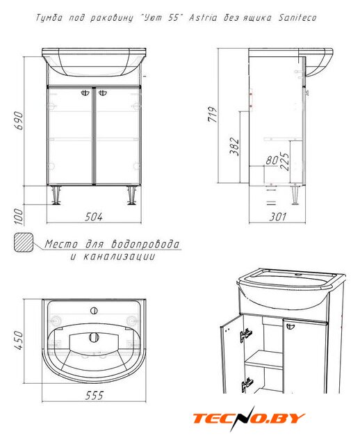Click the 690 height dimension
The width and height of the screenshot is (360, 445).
[19, 120]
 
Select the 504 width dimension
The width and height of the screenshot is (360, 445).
[94, 217]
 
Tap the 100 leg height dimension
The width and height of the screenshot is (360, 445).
[19, 216]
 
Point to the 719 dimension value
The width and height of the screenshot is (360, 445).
[213, 114]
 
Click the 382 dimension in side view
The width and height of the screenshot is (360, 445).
[234, 147]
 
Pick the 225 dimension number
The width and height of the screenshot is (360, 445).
[285, 161]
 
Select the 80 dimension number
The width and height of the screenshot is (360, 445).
[272, 161]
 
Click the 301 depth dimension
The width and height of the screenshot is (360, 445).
[278, 217]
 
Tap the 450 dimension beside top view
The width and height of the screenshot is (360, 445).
[19, 340]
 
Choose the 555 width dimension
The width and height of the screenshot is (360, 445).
[95, 396]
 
